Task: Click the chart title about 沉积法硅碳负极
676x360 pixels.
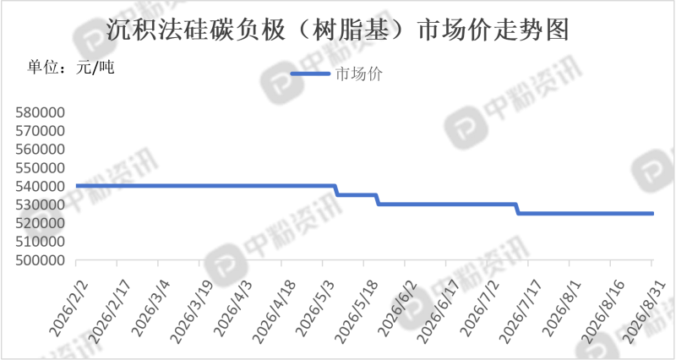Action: pos(338,30)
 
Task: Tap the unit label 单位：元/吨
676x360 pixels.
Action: pos(71,68)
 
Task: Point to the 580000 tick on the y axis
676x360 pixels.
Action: pos(40,112)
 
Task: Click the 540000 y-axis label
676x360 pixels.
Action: pos(40,187)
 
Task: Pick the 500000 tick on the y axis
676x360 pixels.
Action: pos(40,260)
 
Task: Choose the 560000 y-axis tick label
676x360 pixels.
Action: pos(40,150)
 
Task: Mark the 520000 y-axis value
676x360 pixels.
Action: pos(40,223)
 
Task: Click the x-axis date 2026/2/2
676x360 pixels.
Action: pos(68,308)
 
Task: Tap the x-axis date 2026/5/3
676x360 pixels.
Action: pos(315,308)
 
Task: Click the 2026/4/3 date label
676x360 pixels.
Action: pos(233,308)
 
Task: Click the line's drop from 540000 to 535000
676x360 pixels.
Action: pos(336,190)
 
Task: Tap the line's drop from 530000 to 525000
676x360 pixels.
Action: pos(517,209)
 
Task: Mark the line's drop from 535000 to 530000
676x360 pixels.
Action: pos(378,199)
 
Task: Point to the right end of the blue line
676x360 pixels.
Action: pos(652,214)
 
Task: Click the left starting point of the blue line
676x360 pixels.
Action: pos(77,186)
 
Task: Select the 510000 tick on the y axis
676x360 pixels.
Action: pos(40,242)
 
